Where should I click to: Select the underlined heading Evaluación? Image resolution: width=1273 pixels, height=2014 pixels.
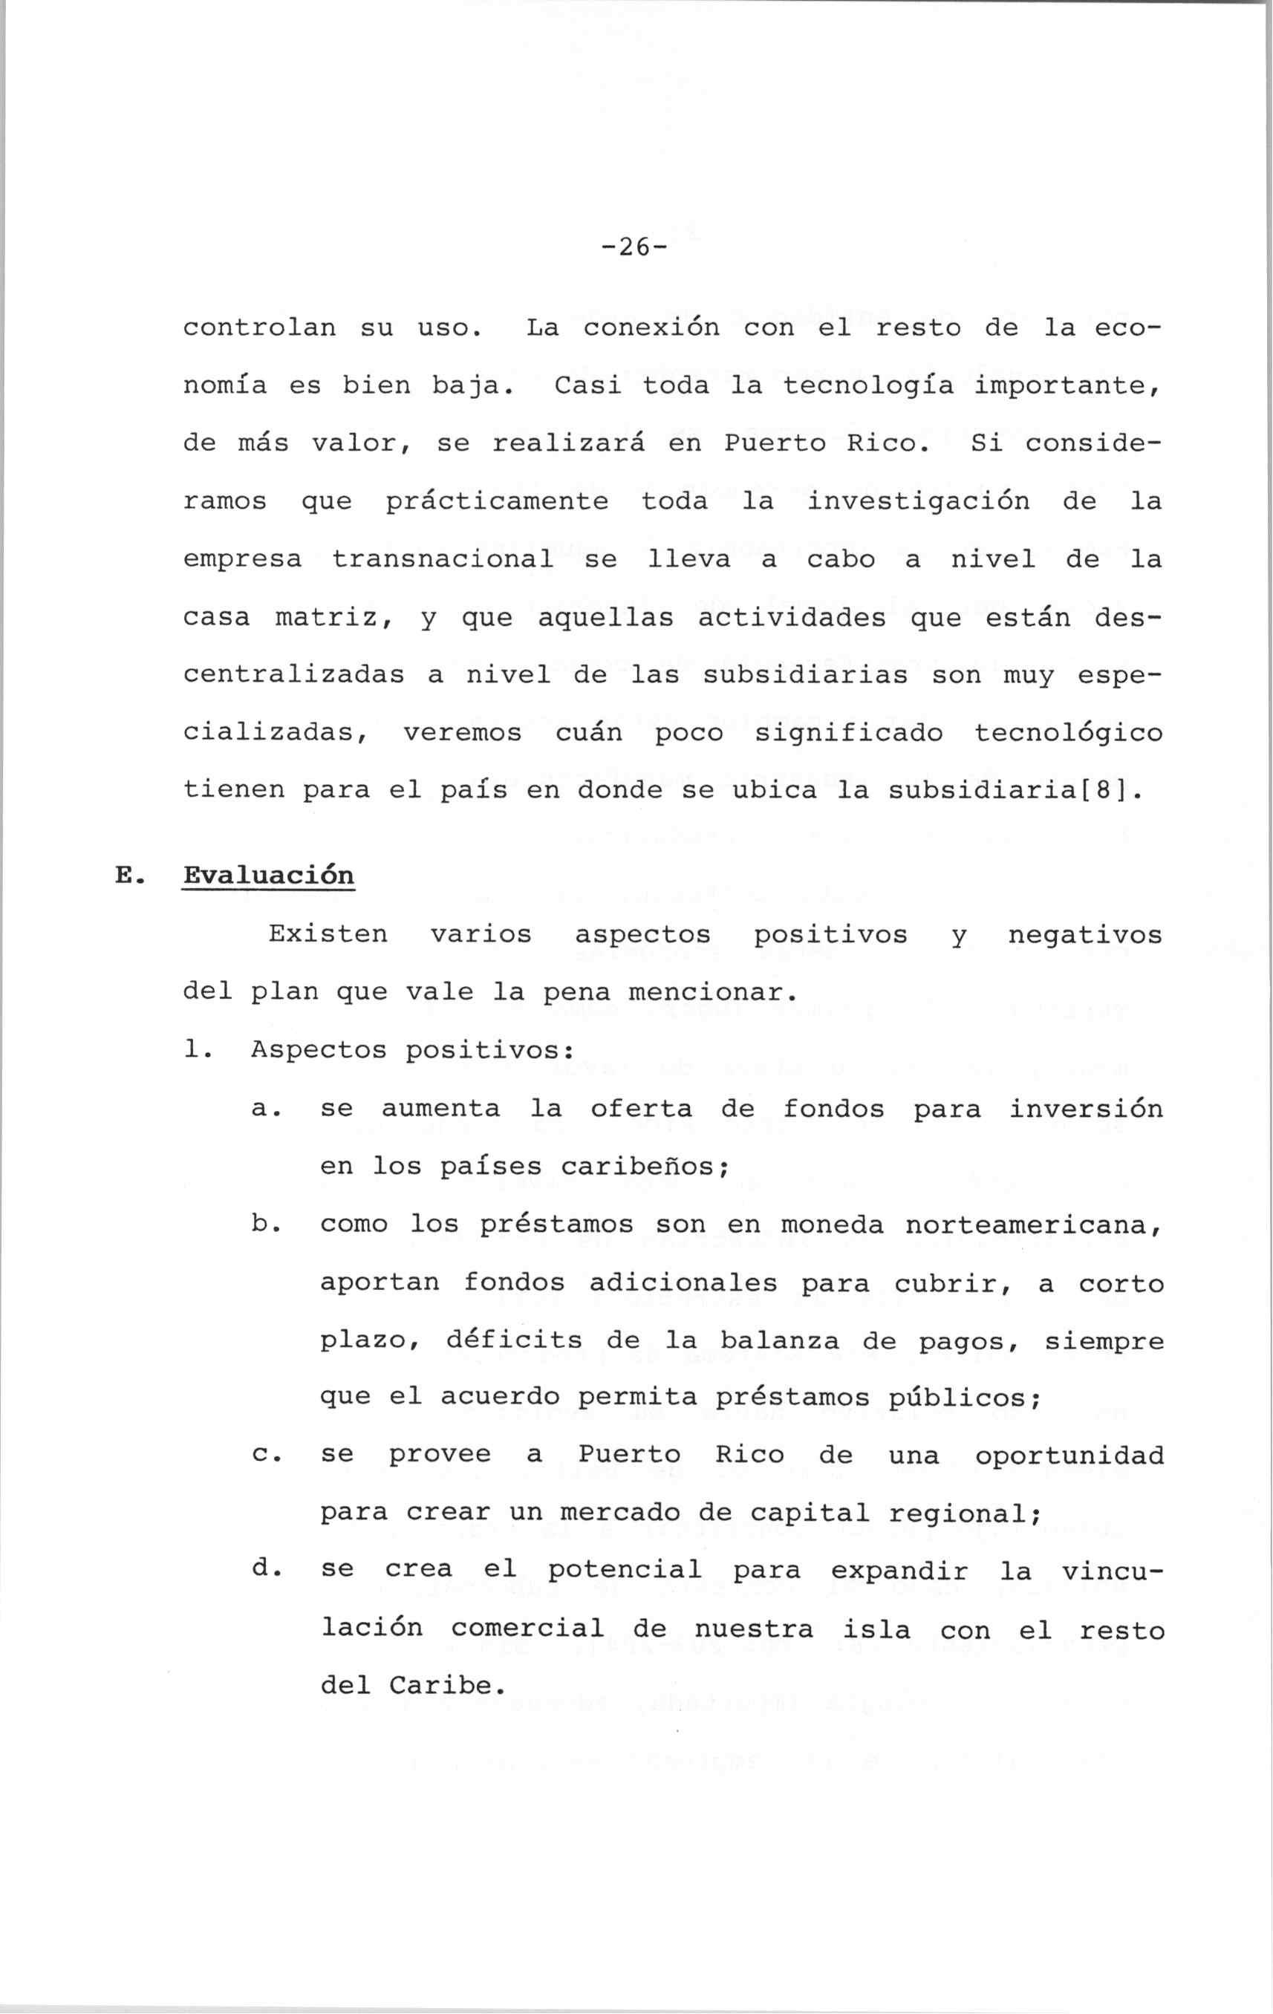pos(268,876)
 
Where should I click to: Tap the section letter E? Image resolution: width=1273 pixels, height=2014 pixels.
pos(126,876)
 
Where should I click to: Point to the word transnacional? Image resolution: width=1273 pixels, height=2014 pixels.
pos(443,558)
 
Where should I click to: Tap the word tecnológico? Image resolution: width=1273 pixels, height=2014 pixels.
pos(1068,733)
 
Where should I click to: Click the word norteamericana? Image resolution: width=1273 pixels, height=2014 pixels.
pos(1033,1225)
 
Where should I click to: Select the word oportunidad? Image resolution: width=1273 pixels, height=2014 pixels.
pos(1069,1456)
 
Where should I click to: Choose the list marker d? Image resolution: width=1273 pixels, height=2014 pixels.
pos(261,1569)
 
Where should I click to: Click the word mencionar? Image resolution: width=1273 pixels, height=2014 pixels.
pos(708,993)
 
